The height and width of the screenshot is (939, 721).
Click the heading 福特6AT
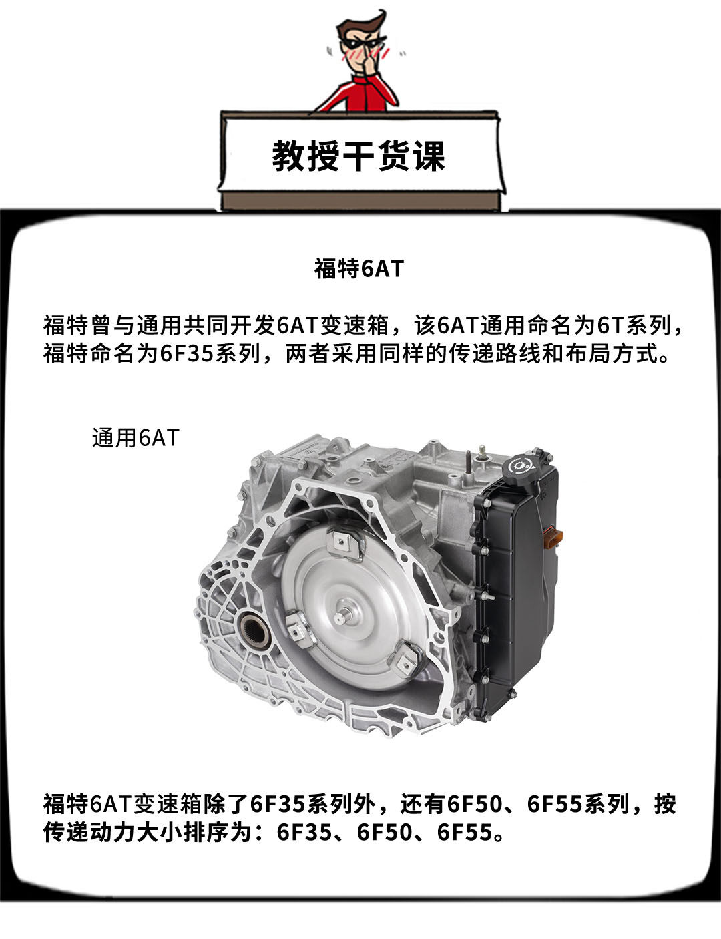tap(358, 268)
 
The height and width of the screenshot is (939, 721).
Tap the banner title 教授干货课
tap(358, 156)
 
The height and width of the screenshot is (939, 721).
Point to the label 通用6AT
tap(136, 438)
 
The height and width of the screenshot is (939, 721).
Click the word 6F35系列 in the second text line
tap(210, 353)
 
